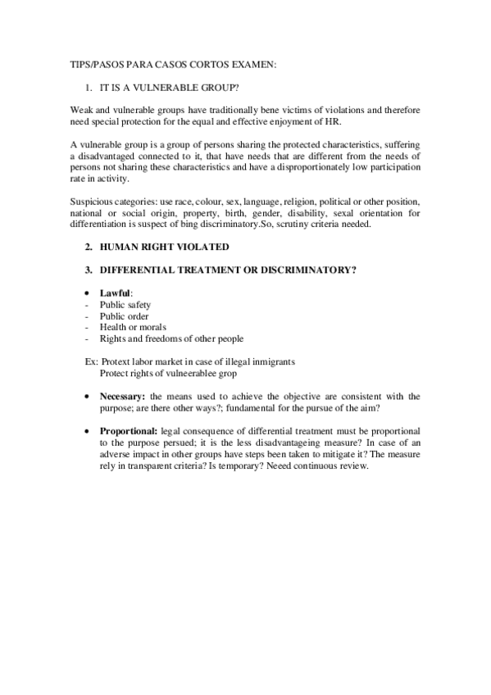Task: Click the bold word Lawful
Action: coord(115,293)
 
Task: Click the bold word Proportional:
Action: coord(129,430)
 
